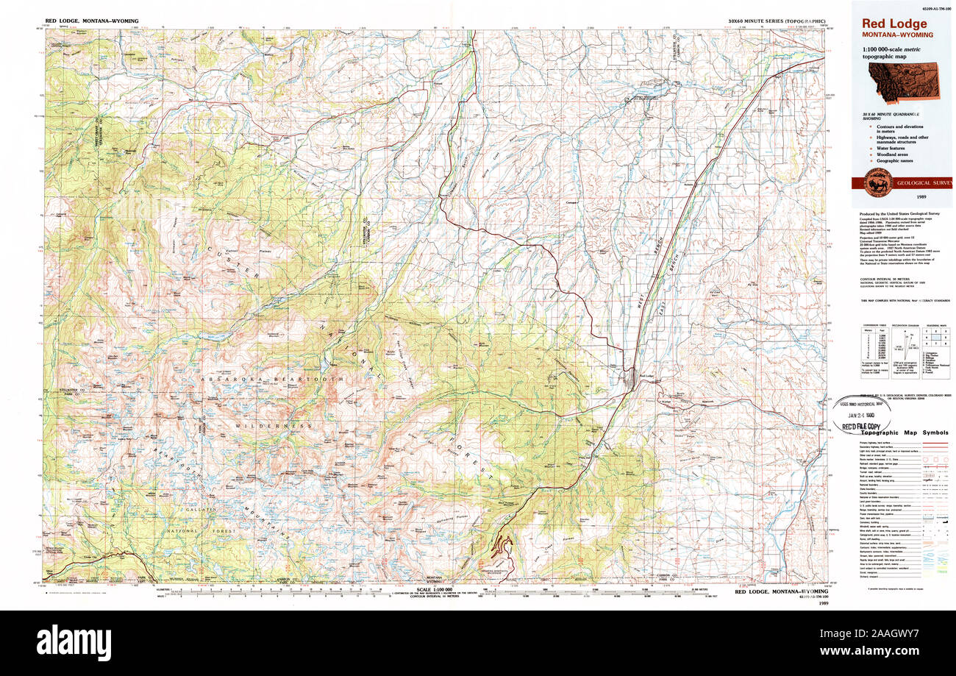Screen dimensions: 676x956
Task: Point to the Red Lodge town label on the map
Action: [648, 377]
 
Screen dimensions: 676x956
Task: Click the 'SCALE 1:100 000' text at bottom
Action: [434, 590]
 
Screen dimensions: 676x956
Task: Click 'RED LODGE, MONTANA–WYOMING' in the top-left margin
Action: [91, 21]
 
